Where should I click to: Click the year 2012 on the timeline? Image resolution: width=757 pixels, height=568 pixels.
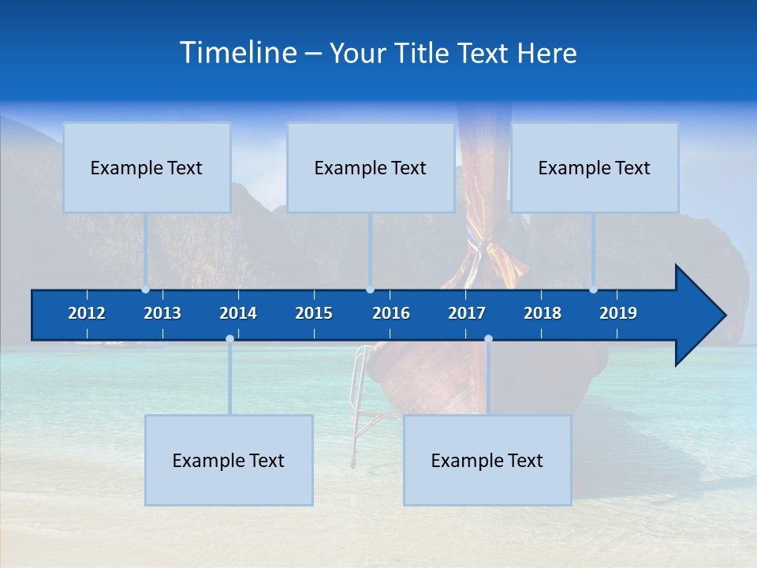87,313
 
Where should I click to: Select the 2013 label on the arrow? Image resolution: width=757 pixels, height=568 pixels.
162,313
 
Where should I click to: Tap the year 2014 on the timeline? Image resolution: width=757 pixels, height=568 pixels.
238,313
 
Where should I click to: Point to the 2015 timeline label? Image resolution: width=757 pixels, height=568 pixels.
314,313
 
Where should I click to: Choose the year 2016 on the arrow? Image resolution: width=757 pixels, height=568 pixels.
391,313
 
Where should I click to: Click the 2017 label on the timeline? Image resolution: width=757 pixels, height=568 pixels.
467,313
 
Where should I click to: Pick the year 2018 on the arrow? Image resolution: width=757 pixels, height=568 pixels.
543,313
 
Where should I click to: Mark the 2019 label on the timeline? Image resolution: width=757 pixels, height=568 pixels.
618,313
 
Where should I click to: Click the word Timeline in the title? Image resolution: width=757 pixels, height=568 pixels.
237,53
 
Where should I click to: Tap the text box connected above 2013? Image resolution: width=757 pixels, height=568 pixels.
147,167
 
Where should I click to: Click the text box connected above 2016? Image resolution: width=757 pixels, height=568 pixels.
371,167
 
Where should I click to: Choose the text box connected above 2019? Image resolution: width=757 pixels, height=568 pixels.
595,167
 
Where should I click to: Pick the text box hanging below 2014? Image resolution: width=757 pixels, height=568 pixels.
229,460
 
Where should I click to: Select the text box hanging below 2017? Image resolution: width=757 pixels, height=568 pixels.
487,460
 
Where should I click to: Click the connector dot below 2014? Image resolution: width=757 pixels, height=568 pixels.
229,339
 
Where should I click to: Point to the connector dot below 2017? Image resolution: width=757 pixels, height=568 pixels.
488,339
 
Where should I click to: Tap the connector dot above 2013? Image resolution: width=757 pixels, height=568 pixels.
146,290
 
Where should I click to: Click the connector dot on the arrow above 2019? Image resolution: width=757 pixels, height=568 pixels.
594,290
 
